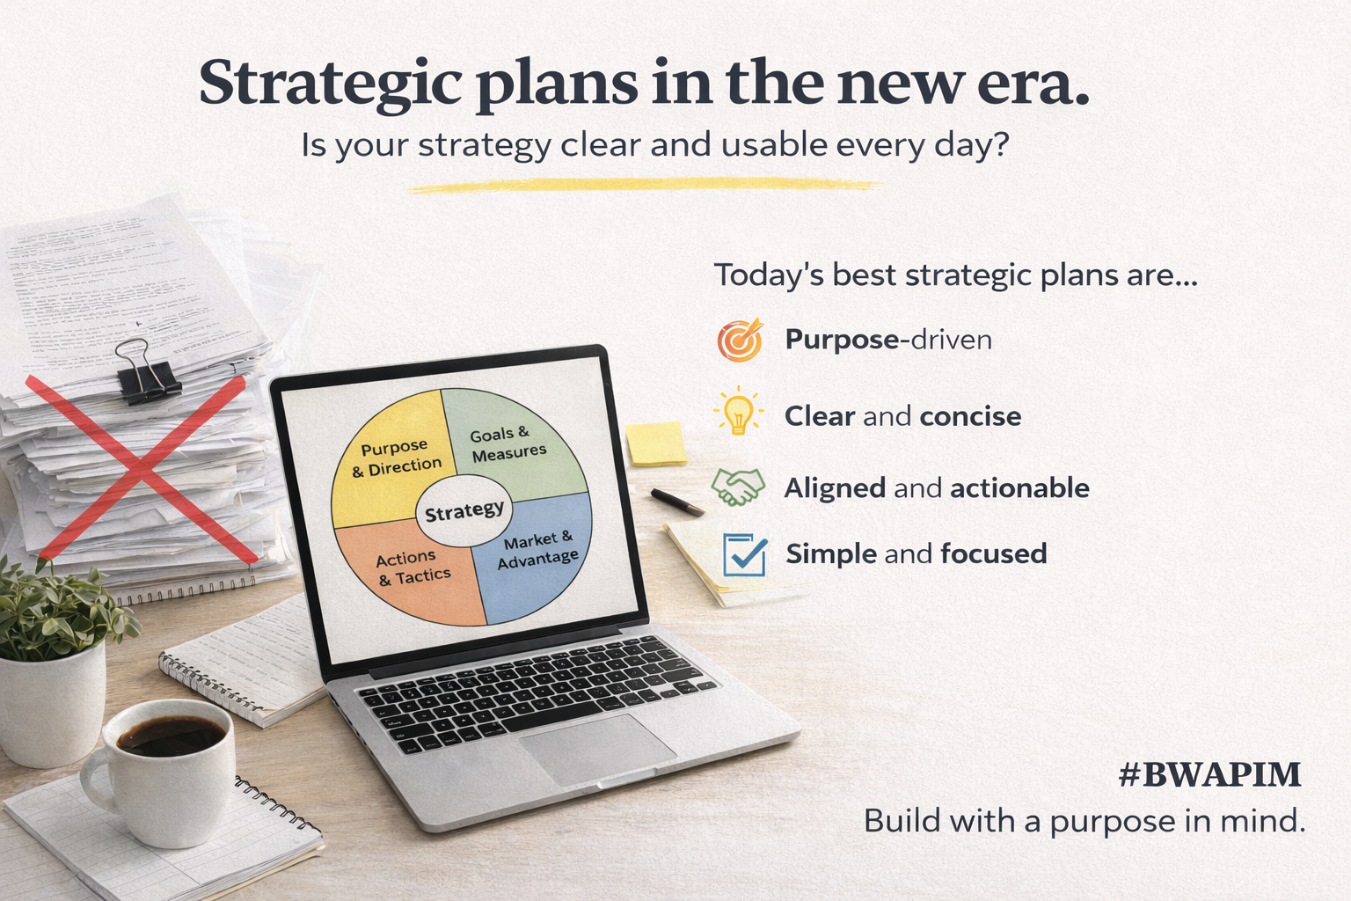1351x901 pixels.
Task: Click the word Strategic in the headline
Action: tap(330, 84)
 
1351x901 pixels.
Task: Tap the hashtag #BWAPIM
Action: tap(1209, 775)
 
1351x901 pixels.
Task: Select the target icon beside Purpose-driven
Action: tap(739, 341)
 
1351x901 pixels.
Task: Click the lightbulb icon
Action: tap(738, 412)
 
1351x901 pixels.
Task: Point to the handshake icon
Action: tap(738, 487)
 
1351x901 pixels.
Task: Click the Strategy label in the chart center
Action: tap(464, 511)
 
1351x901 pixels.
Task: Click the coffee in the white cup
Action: tap(171, 736)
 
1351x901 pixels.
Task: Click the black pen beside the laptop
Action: tap(676, 502)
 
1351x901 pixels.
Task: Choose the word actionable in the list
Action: tap(1019, 488)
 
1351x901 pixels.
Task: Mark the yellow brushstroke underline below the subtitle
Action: tap(642, 186)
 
